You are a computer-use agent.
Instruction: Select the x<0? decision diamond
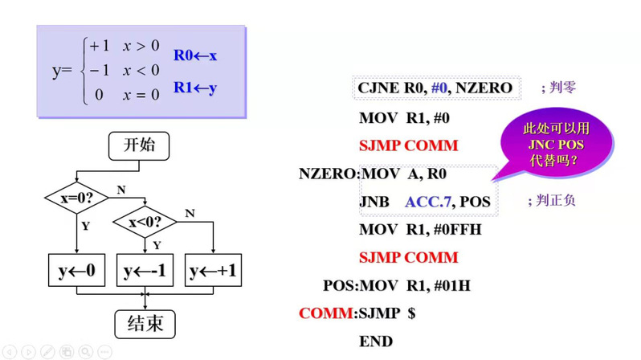[x=145, y=221]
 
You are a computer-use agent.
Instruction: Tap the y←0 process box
[x=76, y=271]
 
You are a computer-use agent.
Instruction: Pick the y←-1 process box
[x=145, y=271]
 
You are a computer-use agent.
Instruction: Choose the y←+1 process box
[x=213, y=271]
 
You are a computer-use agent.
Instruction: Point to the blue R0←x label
[x=195, y=56]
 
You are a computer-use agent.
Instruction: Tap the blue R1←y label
[x=195, y=88]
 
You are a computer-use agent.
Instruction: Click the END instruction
[x=376, y=342]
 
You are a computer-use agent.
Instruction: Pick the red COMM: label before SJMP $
[x=326, y=313]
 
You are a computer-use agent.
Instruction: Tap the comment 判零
[x=557, y=87]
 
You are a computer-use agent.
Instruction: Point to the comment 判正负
[x=552, y=200]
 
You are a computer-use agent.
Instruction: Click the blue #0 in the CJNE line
[x=439, y=88]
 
